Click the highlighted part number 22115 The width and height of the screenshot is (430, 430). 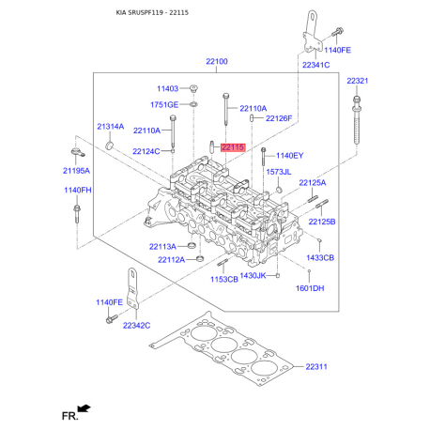pyautogui.click(x=231, y=147)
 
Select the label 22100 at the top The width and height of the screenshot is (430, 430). pyautogui.click(x=217, y=62)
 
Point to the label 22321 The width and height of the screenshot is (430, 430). pyautogui.click(x=357, y=82)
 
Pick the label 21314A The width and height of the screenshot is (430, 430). pyautogui.click(x=110, y=126)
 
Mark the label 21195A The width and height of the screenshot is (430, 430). pyautogui.click(x=77, y=171)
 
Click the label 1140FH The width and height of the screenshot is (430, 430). pyautogui.click(x=77, y=190)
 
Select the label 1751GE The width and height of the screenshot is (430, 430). pyautogui.click(x=165, y=104)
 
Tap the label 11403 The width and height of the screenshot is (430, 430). pyautogui.click(x=167, y=88)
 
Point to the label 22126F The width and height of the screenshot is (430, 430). pyautogui.click(x=279, y=118)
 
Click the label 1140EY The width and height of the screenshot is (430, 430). pyautogui.click(x=289, y=154)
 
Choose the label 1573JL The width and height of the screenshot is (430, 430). pyautogui.click(x=279, y=173)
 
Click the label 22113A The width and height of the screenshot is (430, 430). pyautogui.click(x=162, y=246)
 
